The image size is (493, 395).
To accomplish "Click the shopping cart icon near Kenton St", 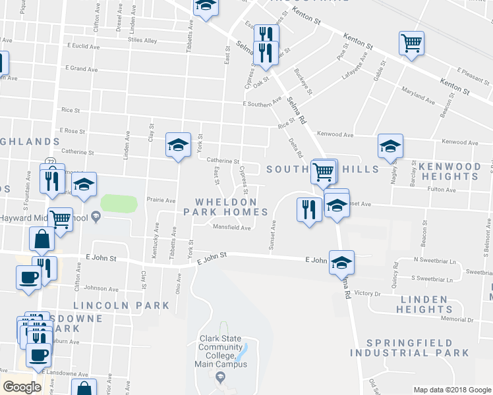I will (411, 44).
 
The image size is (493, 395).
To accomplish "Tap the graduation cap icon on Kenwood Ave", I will (390, 146).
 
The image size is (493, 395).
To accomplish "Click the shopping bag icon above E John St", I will (42, 240).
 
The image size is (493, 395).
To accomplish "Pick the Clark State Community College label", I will (221, 351).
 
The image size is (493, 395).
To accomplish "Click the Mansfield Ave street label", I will (231, 228).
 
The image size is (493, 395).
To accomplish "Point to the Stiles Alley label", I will (143, 41).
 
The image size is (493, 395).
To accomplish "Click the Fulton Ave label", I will (442, 190).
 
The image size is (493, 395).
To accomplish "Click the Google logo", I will (22, 387).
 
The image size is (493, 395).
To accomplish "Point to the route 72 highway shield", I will (51, 162).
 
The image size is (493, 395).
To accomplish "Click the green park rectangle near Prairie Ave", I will (119, 203).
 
